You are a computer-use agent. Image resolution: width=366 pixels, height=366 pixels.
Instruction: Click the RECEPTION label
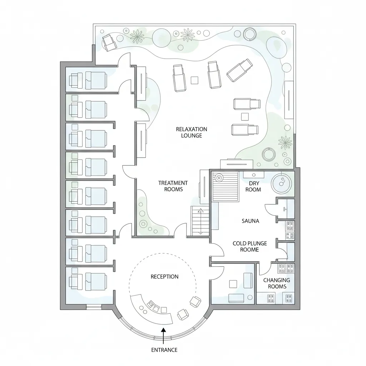coord(164,277)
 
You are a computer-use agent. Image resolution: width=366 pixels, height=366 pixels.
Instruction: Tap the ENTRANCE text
coord(164,350)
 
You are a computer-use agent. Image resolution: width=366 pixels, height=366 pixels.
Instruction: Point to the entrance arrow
coord(163,336)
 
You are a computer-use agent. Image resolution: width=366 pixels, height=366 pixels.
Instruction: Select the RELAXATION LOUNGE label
coord(192,132)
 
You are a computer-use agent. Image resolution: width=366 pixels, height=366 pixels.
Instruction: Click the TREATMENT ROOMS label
coord(173,186)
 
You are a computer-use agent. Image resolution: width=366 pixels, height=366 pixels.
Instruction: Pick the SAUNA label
coord(250,221)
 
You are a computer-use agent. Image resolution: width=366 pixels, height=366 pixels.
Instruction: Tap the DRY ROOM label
coord(253,186)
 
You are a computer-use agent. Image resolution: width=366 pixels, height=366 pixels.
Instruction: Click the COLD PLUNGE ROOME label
coord(249,247)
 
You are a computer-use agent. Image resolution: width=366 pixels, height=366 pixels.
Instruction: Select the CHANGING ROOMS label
coord(277,283)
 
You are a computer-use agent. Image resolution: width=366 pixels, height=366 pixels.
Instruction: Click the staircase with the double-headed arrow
coord(200,221)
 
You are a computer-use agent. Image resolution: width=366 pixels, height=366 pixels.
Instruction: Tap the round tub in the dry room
coord(282,183)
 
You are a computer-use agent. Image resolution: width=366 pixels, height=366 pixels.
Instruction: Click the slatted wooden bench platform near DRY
coord(225,187)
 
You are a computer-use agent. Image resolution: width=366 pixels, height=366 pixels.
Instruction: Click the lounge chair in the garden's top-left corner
coord(109,43)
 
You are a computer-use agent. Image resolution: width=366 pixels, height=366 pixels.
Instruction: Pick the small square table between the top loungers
coord(194,80)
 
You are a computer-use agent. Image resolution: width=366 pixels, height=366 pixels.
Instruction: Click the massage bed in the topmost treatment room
coord(96,80)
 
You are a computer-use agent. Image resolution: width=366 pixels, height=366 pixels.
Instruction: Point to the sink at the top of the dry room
coord(254,174)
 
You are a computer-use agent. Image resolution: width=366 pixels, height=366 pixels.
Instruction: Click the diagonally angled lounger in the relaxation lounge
coord(240,70)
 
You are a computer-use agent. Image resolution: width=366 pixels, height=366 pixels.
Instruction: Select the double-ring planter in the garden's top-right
coord(250,34)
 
